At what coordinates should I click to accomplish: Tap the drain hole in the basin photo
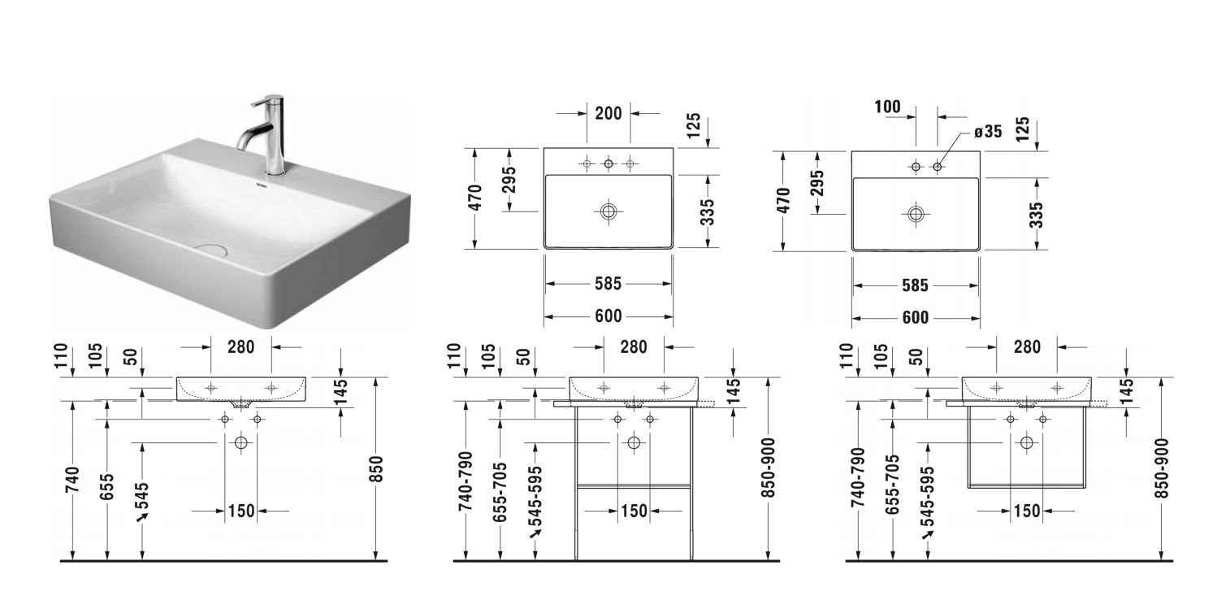click(210, 250)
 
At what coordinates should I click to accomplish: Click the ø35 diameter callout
click(988, 132)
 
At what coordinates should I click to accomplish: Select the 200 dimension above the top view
click(608, 114)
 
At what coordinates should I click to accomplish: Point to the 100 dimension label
click(887, 107)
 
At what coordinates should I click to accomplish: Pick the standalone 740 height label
click(72, 480)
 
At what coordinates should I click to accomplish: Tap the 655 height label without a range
click(107, 487)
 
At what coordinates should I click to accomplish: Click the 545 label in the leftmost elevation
click(142, 496)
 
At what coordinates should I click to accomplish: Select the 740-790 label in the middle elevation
click(466, 481)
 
